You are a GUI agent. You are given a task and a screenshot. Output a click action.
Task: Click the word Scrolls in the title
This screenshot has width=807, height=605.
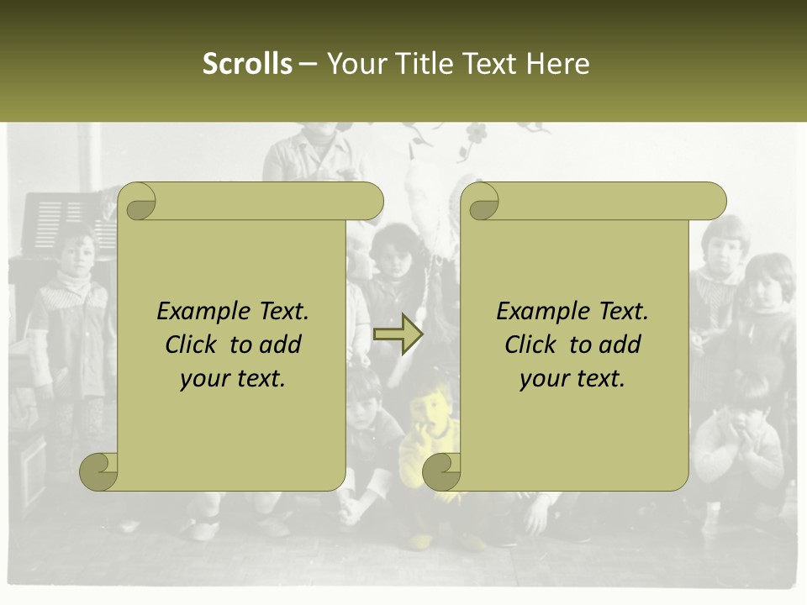(247, 64)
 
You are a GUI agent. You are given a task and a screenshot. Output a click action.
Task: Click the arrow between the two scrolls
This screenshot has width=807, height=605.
(398, 334)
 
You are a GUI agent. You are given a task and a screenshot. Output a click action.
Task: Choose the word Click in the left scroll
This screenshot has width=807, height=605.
(192, 345)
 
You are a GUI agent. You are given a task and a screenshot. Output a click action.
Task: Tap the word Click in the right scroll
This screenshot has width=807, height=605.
(531, 345)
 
